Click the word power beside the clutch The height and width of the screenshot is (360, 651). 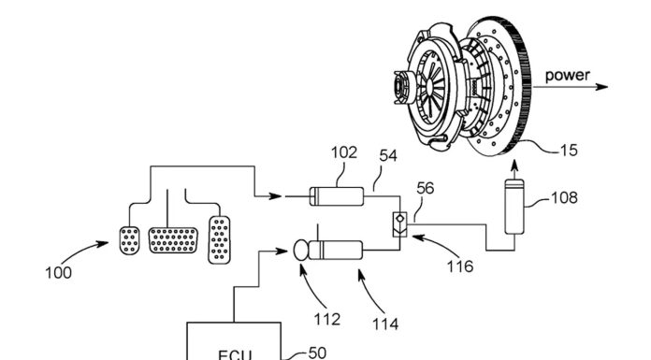coord(567,76)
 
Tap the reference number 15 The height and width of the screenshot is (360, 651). coord(569,151)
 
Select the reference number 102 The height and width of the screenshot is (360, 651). coord(344,152)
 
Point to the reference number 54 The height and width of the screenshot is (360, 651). coord(388,156)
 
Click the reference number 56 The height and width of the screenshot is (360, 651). coord(426,189)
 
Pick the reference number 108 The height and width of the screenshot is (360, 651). coord(564,197)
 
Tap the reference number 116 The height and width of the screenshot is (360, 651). coord(460,266)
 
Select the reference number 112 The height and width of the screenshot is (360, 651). coord(327,319)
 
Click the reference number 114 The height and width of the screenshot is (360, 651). coord(385,324)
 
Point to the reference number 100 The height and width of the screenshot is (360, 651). coord(59,273)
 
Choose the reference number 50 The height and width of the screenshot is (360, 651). coord(317,353)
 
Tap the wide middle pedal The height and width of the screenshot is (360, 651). coord(173,240)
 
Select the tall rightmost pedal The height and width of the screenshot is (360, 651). coord(219,239)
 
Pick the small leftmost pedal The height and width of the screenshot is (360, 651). coord(129,240)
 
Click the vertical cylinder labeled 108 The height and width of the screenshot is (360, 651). coord(514,207)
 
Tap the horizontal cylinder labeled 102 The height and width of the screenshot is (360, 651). coord(337,196)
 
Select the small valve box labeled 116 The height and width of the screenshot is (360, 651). coord(400,224)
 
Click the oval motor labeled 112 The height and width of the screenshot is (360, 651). coord(300,250)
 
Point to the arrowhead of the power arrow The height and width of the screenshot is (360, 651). coord(602,87)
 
